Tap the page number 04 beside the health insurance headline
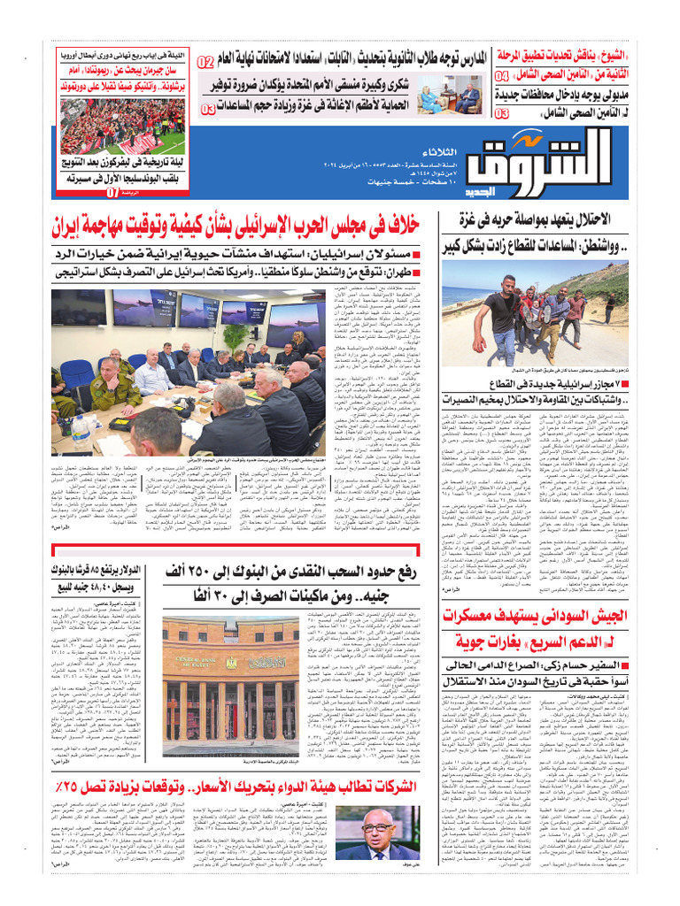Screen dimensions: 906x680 point(502,77)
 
